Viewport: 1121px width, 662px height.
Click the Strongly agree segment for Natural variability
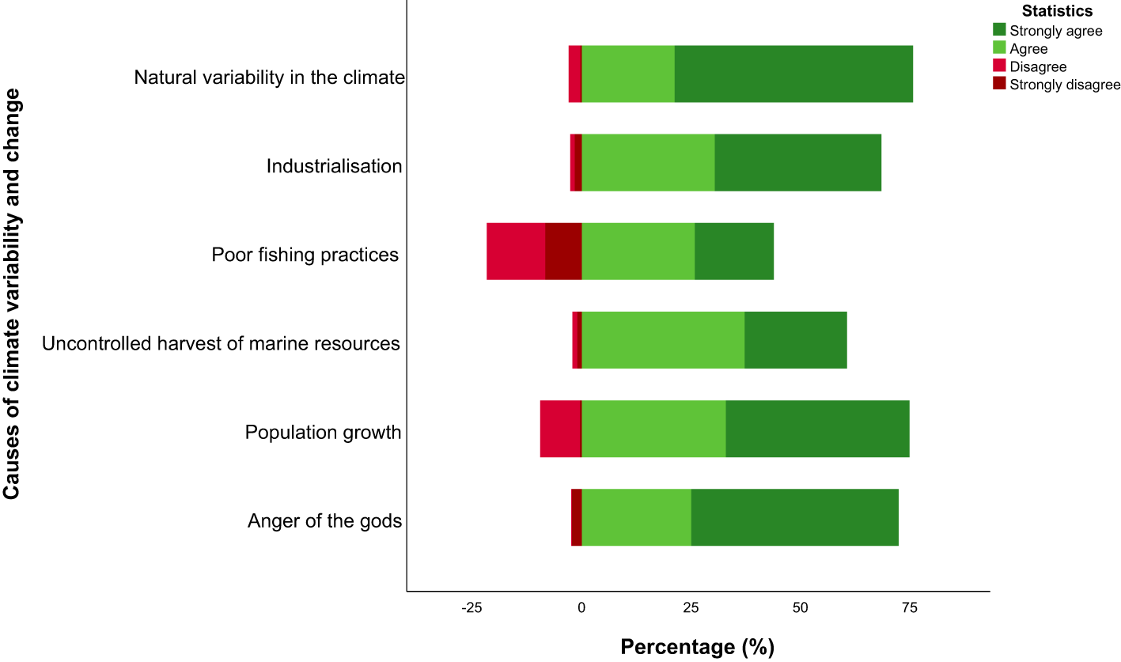point(793,74)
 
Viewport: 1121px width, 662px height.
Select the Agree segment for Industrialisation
point(648,162)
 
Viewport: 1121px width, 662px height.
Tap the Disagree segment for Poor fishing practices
point(515,251)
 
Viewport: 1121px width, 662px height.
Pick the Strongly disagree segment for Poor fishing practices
point(563,251)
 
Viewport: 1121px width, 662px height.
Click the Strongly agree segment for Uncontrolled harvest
point(795,339)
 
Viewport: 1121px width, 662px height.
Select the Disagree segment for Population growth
point(560,428)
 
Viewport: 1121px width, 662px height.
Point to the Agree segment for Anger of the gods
point(636,516)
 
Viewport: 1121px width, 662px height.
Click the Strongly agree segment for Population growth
point(817,428)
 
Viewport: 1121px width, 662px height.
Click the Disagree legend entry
point(1037,67)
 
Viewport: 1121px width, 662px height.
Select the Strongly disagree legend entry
point(1064,85)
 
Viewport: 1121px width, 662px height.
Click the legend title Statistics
point(1057,11)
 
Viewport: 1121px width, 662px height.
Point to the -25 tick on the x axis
point(472,607)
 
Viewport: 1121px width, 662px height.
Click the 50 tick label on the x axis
point(801,607)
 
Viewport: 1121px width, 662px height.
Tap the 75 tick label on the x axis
point(910,607)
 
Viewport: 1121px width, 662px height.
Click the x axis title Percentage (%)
point(697,647)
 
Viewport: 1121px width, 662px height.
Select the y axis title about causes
point(12,294)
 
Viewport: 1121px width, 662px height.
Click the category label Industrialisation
point(334,166)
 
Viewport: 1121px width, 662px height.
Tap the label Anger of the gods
point(324,521)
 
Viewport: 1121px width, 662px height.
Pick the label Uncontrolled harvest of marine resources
point(221,343)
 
